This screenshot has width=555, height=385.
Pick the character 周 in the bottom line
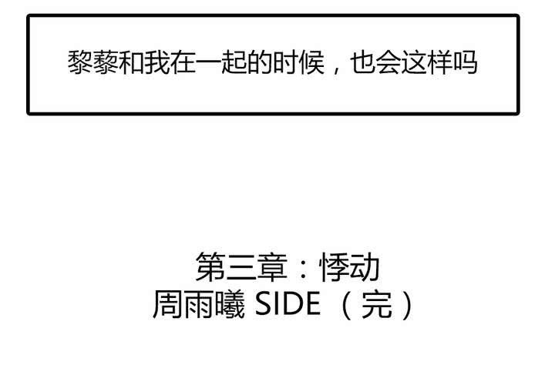pos(167,305)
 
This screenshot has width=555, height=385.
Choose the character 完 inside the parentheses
pos(376,305)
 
